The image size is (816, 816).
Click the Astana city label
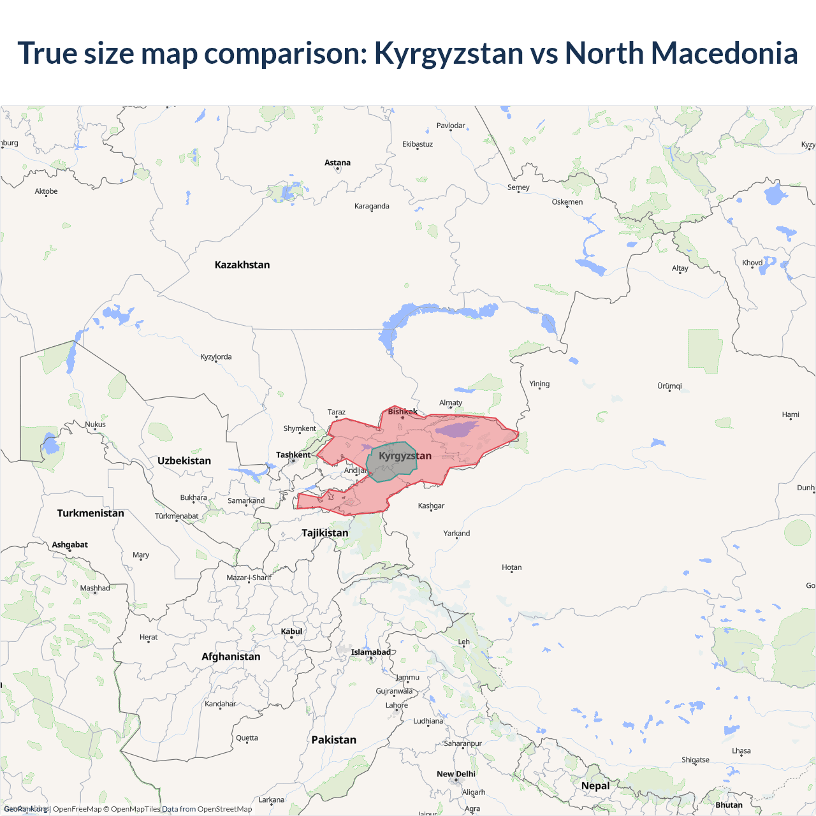coord(337,163)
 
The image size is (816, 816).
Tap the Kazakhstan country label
coord(242,265)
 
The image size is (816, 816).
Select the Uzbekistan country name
coord(184,460)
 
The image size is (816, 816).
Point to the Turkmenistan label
coord(91,513)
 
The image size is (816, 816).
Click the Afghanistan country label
coord(231,657)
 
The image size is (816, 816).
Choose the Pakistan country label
coord(333,739)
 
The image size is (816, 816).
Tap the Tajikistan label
coord(325,533)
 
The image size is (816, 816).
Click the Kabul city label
coord(291,631)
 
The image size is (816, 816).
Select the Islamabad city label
coord(370,652)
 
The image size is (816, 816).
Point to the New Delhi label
coord(456,774)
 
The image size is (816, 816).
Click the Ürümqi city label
coord(669,386)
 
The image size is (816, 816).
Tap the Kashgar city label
coord(431,506)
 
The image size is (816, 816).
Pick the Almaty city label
coord(451,403)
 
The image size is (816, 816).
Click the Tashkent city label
coord(293,455)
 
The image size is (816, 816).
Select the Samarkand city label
coord(246,500)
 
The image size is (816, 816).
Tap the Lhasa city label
coord(741,751)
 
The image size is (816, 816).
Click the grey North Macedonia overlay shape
coord(390,469)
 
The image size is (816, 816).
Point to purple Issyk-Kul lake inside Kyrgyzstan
coord(457,429)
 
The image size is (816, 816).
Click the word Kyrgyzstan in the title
coord(448,53)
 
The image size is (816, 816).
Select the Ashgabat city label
coord(70,544)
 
